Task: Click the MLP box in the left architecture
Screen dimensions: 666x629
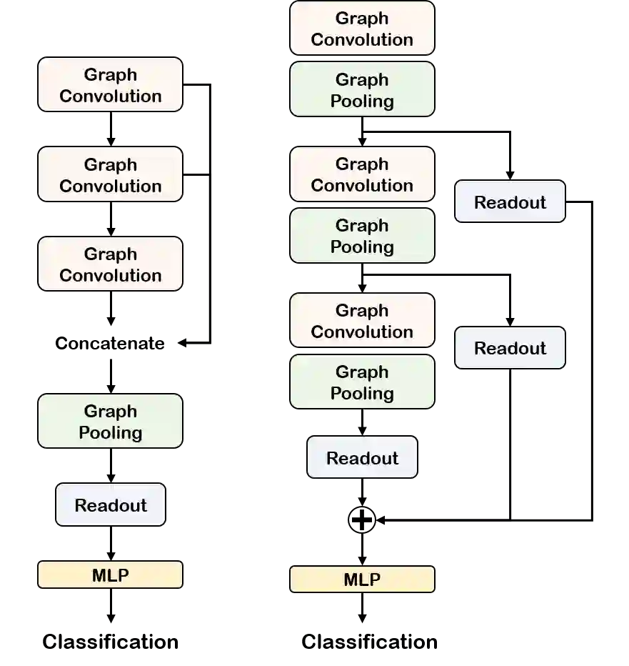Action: coord(110,575)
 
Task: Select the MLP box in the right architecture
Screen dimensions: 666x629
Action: coord(362,580)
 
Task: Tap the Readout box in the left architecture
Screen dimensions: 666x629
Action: coord(111,505)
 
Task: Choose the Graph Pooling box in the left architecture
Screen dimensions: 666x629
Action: coord(110,422)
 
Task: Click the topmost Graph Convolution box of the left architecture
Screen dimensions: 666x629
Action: coord(110,85)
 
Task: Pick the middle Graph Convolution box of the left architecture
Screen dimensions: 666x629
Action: coord(110,174)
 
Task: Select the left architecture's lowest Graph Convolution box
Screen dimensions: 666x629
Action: coord(110,264)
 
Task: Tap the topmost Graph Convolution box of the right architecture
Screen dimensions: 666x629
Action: coord(362,29)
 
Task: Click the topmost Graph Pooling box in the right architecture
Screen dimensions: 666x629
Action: coord(362,89)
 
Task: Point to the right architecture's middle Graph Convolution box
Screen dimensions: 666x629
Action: coord(362,174)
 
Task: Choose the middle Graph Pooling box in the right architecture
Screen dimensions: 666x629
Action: coord(362,236)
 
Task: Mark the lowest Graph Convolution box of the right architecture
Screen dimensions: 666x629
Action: coord(362,321)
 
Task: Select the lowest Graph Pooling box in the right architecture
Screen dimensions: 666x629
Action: coord(362,382)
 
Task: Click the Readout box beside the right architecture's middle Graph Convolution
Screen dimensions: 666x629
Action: coord(510,202)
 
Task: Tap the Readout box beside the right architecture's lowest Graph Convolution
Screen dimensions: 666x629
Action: coord(510,348)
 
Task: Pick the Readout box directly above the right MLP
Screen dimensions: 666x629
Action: coord(362,457)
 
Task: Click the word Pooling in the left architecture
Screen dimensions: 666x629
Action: coord(110,433)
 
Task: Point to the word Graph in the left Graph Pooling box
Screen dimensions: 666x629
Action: coord(110,411)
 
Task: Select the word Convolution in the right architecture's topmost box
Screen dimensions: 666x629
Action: coord(362,39)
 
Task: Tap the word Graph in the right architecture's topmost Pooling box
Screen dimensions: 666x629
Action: coord(362,79)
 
